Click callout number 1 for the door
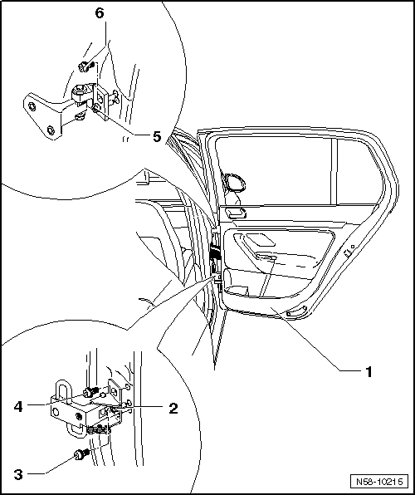[369, 372]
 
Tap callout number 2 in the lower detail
[173, 409]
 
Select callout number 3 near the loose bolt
[18, 474]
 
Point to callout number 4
[18, 406]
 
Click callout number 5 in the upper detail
[157, 137]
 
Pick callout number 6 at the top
[100, 13]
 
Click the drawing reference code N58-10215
[380, 482]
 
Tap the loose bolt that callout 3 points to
[81, 454]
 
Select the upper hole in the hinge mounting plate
[32, 106]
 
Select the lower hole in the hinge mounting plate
[50, 130]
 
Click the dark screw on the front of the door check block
[79, 417]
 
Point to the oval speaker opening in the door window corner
[234, 182]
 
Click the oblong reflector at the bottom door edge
[296, 311]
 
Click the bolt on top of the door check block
[90, 392]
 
